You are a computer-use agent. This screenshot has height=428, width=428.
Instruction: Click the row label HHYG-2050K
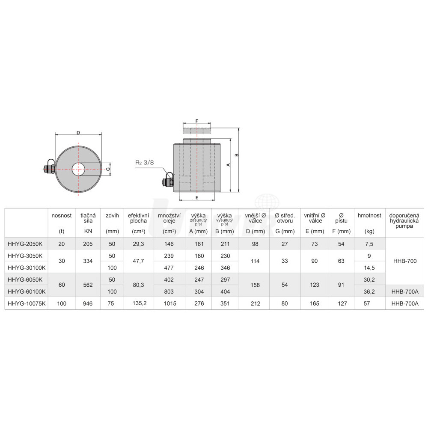[25, 244]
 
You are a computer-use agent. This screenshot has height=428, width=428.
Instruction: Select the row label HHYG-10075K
[27, 303]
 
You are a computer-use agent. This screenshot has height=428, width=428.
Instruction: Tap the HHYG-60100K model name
[27, 291]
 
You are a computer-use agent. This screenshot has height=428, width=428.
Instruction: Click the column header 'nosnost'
[61, 215]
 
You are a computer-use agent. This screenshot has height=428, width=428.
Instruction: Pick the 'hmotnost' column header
[369, 215]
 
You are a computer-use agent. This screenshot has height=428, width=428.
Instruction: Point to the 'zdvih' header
[112, 215]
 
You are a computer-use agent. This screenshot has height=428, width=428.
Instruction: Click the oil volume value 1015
[170, 303]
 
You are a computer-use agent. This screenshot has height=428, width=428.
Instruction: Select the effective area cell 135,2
[140, 303]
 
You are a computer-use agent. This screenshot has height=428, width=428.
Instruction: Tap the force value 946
[88, 303]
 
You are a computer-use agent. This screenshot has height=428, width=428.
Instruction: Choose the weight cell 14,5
[369, 268]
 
